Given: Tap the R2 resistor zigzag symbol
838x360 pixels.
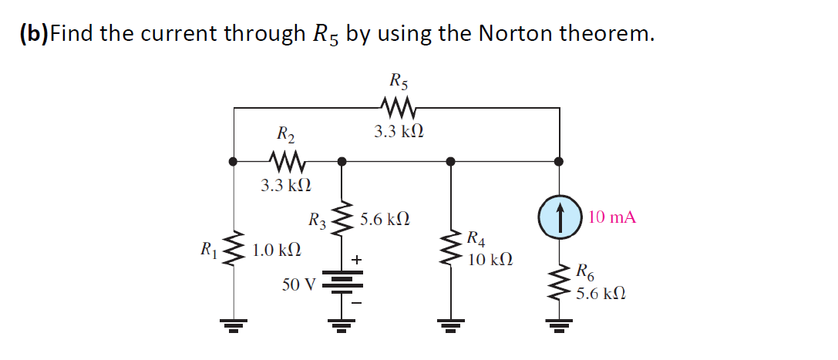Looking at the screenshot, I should coord(287,162).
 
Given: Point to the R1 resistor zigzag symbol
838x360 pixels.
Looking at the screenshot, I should coord(234,247).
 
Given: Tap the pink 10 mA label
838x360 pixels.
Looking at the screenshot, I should coord(612,217).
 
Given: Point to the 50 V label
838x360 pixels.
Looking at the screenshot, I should coord(298,284).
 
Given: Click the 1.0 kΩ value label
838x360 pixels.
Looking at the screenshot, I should coord(277,251).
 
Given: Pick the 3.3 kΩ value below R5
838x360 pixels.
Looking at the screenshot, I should coord(398,132).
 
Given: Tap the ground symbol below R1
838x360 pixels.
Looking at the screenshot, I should coord(234,325).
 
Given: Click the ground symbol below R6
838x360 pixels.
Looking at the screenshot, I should coord(560,325).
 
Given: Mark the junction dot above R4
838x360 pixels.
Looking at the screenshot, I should coord(451,162).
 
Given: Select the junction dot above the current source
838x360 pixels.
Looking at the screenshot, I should coord(560,162).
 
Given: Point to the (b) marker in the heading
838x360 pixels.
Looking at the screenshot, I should coord(33,34).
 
